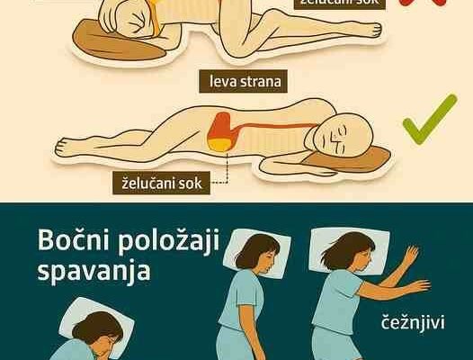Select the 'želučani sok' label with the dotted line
point(162,184)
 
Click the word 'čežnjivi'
point(413,322)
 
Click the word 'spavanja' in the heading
point(94,270)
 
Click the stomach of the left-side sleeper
point(219,132)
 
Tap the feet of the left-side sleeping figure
point(64,147)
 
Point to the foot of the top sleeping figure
point(373,30)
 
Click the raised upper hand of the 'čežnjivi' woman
point(411,255)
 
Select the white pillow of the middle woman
point(256,253)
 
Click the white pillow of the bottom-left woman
point(96,319)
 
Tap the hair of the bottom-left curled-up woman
point(97,327)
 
